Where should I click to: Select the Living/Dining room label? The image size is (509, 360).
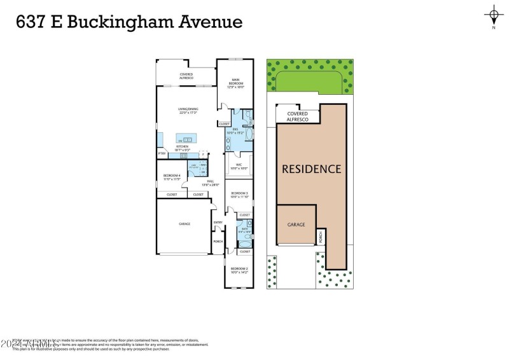(x=187, y=111)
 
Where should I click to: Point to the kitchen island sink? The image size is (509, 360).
(x=188, y=139)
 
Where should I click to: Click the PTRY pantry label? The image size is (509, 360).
(x=162, y=154)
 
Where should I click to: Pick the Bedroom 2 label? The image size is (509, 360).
(x=239, y=270)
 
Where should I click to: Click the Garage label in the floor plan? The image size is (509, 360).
(x=183, y=224)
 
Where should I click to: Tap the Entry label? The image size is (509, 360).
(x=218, y=222)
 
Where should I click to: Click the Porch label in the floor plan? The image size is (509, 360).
(x=218, y=242)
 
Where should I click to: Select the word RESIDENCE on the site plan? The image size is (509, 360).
(x=312, y=169)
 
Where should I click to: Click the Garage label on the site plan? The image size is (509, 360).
(x=296, y=225)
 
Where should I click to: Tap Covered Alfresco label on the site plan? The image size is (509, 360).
(x=297, y=116)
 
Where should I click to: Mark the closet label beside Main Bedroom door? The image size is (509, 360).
(x=224, y=123)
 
